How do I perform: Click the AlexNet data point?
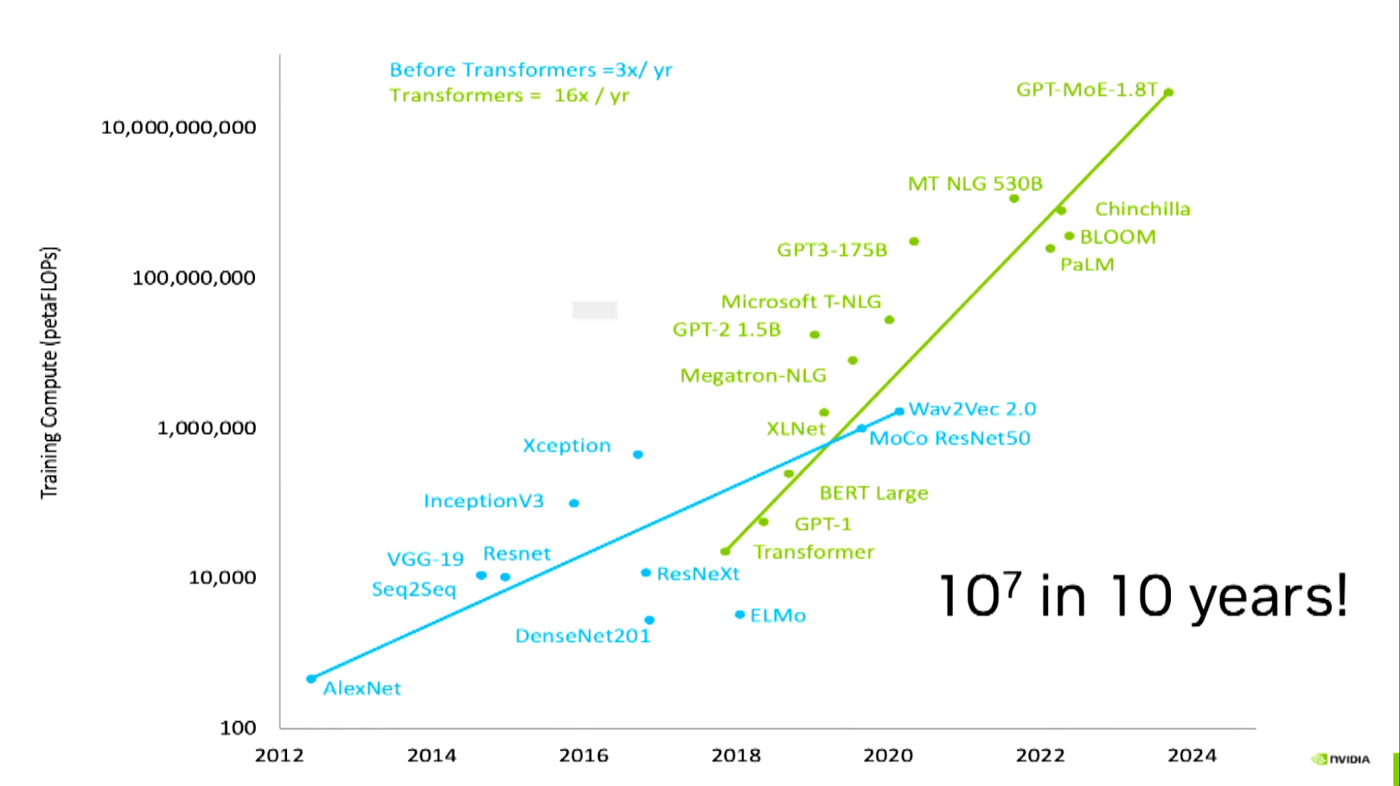click(311, 679)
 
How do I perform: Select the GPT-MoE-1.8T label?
click(1086, 89)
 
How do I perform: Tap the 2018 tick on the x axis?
click(736, 756)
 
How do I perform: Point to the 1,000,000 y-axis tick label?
click(207, 428)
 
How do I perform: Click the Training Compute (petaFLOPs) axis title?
click(50, 373)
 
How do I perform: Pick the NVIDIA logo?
click(1341, 759)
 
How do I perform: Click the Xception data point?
click(638, 454)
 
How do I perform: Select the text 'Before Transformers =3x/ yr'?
click(530, 70)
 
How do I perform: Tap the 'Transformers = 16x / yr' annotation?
click(508, 95)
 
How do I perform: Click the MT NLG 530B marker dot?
click(1014, 199)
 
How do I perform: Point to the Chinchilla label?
click(1142, 209)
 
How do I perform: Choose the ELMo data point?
click(739, 615)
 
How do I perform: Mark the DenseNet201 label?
click(582, 636)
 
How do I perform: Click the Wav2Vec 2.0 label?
click(972, 409)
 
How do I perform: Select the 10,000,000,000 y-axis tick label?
click(179, 127)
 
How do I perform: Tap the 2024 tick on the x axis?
click(1192, 756)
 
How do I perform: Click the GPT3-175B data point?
click(914, 241)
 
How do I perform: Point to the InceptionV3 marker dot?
click(574, 503)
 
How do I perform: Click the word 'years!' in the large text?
click(1268, 597)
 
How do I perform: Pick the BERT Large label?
click(873, 493)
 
